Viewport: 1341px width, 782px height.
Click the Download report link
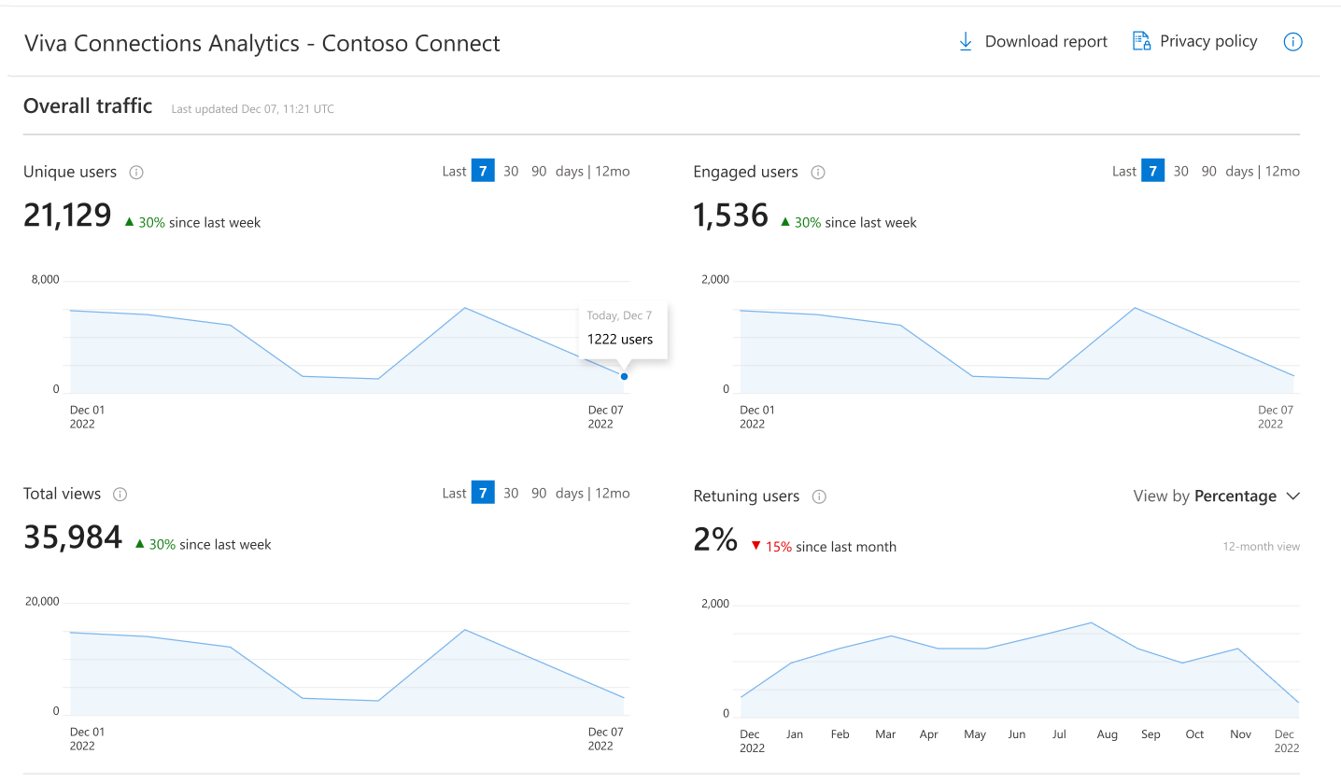[x=1033, y=42]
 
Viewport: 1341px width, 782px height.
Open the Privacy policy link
[x=1195, y=41]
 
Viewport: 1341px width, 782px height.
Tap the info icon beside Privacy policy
[x=1292, y=42]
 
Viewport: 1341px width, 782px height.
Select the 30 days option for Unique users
[x=511, y=171]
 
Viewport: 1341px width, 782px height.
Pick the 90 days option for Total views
[x=539, y=493]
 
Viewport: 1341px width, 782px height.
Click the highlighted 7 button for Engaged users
[x=1152, y=171]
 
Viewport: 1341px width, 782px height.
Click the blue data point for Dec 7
[x=624, y=376]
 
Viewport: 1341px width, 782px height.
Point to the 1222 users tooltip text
[x=620, y=340]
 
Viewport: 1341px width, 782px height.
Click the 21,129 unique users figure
[x=67, y=216]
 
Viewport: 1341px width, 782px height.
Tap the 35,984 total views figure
[x=73, y=538]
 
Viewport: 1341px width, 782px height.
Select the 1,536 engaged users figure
[x=730, y=216]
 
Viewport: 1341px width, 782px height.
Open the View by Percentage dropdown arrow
[x=1292, y=496]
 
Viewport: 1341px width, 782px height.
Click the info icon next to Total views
[x=120, y=495]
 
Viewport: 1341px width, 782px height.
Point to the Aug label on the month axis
[x=1107, y=734]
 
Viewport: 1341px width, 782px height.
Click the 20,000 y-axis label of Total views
[x=42, y=602]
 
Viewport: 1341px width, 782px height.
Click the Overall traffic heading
[x=88, y=106]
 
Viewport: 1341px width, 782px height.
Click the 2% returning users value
[x=715, y=539]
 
